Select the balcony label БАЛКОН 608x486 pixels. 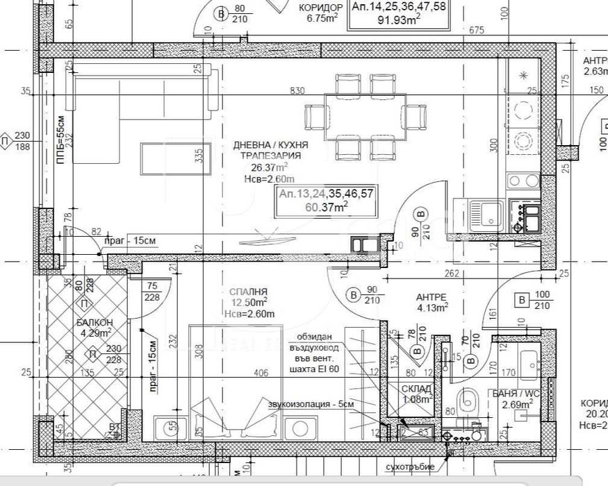(94, 323)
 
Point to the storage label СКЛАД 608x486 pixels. (417, 389)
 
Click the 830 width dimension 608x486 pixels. (297, 91)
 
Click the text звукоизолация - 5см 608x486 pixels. (305, 403)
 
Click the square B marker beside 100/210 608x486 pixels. (520, 300)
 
